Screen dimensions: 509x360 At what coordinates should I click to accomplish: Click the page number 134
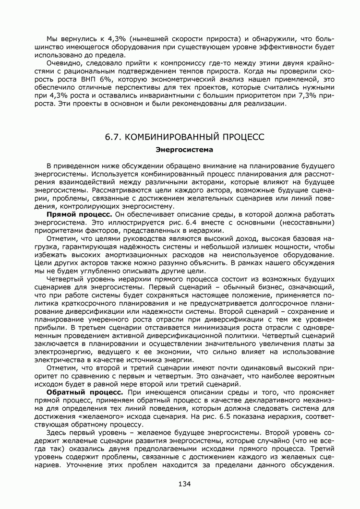pyautogui.click(x=184, y=484)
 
